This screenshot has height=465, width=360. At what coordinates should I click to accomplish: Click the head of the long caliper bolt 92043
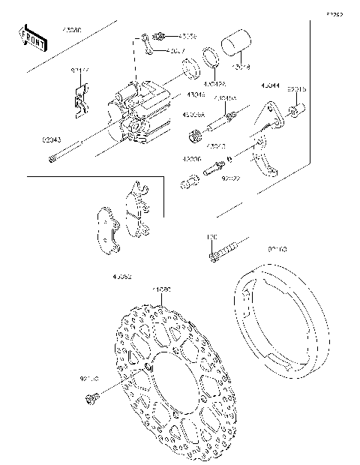(x=50, y=158)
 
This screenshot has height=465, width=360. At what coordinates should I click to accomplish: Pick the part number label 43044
(x=271, y=86)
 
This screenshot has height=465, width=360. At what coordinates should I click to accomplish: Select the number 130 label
(x=211, y=236)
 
